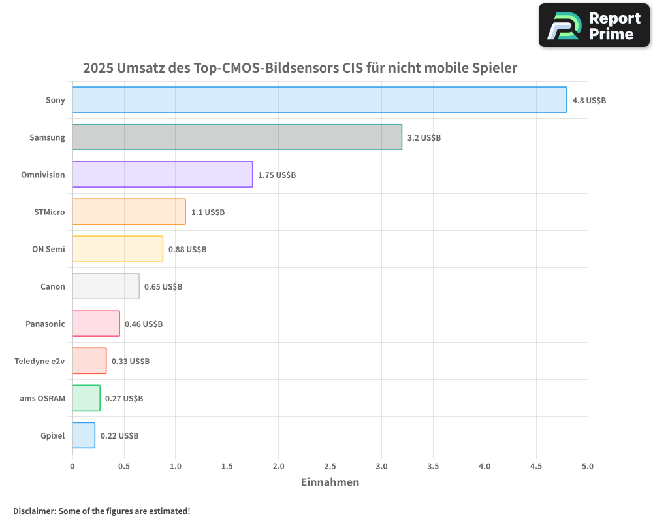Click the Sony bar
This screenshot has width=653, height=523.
(x=319, y=100)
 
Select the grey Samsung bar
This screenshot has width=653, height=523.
(x=237, y=137)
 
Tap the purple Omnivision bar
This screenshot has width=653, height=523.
(x=162, y=175)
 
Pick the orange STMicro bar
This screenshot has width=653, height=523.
(x=129, y=212)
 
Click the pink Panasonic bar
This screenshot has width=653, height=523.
(x=96, y=324)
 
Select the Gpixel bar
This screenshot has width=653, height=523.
(x=84, y=435)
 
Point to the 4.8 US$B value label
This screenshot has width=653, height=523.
(x=589, y=101)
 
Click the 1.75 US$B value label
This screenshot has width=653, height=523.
(x=277, y=175)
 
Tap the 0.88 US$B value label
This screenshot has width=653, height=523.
(x=187, y=250)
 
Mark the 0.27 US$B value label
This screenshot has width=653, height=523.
(x=124, y=399)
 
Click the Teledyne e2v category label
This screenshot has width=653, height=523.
(x=40, y=361)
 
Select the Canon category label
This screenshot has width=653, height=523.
(x=53, y=286)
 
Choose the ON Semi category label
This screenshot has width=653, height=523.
(x=48, y=249)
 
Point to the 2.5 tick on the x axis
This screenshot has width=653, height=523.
(x=330, y=466)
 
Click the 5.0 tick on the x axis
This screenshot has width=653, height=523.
(x=588, y=466)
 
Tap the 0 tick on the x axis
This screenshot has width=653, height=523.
(x=72, y=466)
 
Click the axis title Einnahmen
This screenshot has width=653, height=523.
(x=330, y=482)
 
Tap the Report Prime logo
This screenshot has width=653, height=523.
(x=594, y=25)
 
